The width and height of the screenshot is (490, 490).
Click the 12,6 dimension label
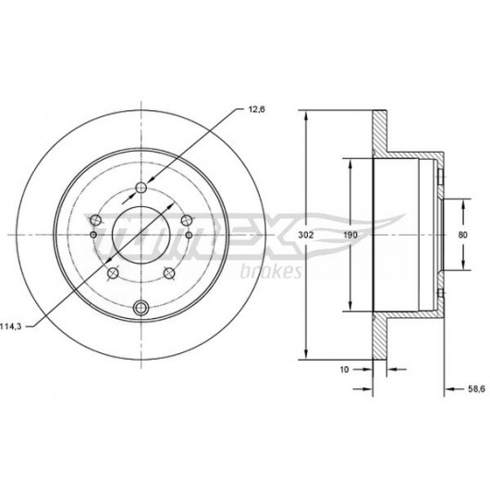[256, 109]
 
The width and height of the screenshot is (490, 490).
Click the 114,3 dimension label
[10, 326]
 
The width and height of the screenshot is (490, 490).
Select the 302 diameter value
[305, 235]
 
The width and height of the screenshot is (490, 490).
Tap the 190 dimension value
[350, 235]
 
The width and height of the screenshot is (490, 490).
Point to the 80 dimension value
[462, 235]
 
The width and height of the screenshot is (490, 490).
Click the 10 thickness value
[344, 370]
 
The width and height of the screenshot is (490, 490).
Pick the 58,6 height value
[476, 388]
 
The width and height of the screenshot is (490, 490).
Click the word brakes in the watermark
[271, 271]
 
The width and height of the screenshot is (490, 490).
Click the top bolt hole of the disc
[141, 188]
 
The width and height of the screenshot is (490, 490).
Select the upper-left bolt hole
[95, 220]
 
